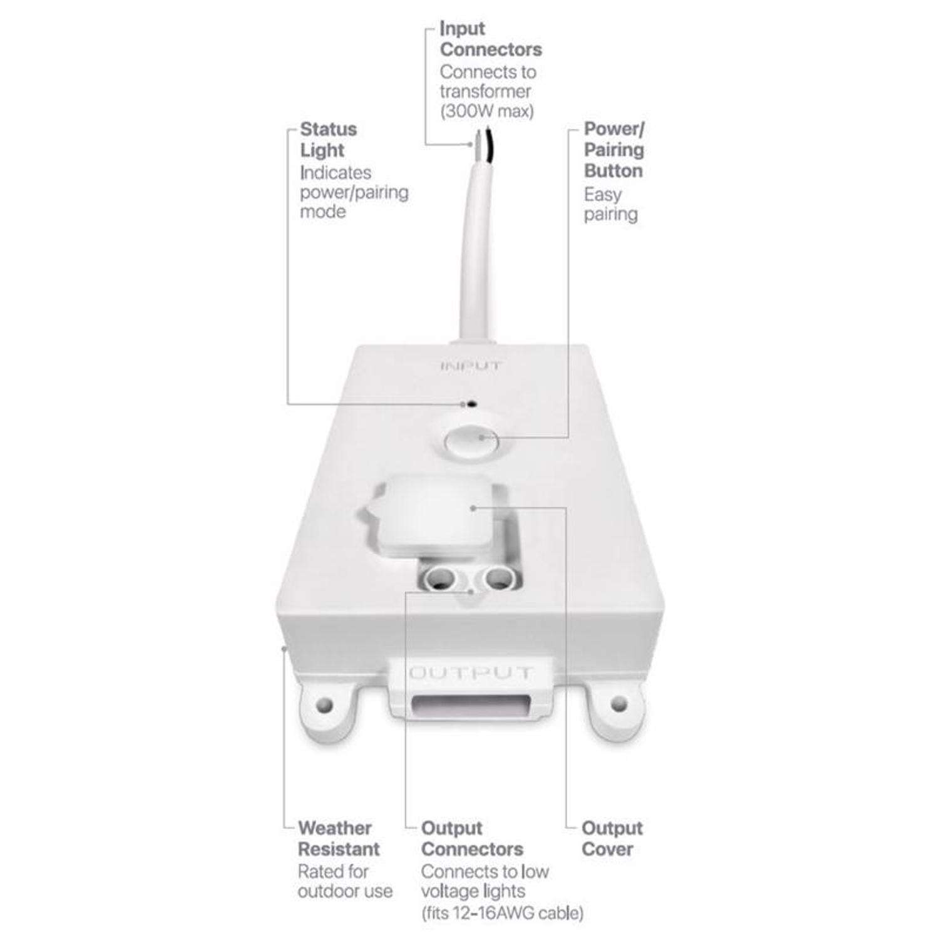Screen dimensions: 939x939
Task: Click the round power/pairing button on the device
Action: click(x=471, y=440)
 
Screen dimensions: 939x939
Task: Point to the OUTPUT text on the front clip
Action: click(x=471, y=674)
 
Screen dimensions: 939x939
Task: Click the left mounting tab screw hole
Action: click(x=323, y=705)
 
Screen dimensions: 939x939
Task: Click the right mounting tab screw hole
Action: click(x=618, y=704)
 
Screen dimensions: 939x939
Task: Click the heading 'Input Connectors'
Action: click(x=490, y=39)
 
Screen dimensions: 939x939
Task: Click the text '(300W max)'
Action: click(x=486, y=111)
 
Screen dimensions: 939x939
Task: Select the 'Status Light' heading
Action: click(x=328, y=140)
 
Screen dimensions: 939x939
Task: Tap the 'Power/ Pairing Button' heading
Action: click(x=613, y=150)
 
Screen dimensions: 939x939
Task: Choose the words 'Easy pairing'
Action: click(x=610, y=204)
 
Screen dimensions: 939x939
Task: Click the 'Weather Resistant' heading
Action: click(x=338, y=838)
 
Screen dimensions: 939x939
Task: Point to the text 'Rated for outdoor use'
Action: click(x=344, y=881)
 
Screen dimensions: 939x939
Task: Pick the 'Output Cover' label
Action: click(x=611, y=838)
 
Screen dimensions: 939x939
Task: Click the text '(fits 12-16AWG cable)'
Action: click(x=501, y=913)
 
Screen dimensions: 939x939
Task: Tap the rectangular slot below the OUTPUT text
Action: click(x=470, y=706)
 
